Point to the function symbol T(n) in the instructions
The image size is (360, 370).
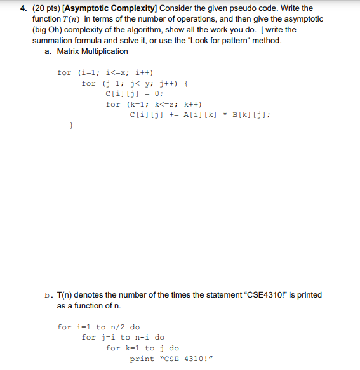pyautogui.click(x=84, y=19)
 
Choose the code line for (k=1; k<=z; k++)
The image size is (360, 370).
pyautogui.click(x=154, y=104)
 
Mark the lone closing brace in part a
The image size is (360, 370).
pyautogui.click(x=71, y=126)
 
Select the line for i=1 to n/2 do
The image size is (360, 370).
pyautogui.click(x=98, y=327)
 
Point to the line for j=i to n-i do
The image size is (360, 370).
pyautogui.click(x=123, y=338)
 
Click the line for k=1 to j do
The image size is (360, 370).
pyautogui.click(x=142, y=348)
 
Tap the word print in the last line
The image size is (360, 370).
pyautogui.click(x=142, y=359)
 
